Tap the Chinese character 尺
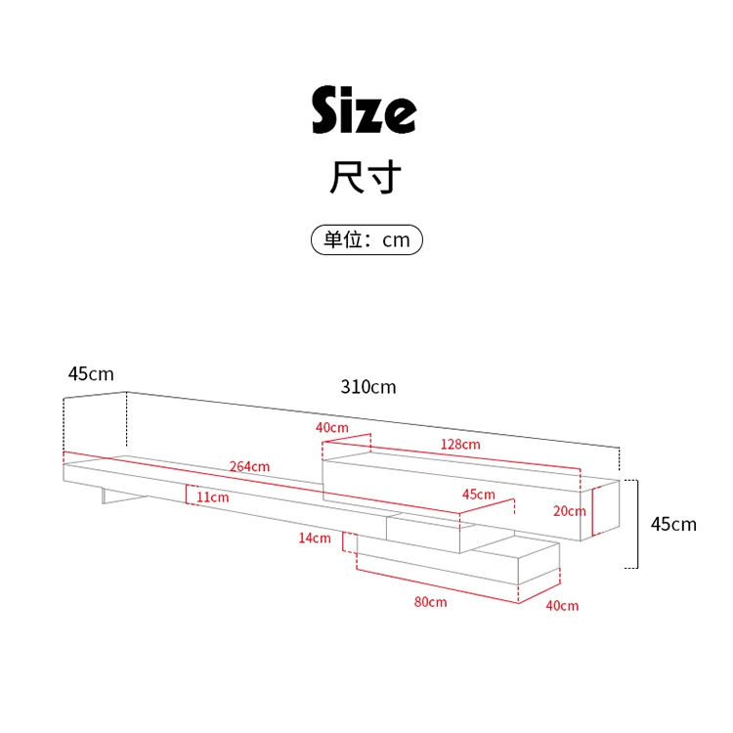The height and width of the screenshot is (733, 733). pos(346,178)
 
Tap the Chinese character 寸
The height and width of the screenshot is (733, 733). pos(384,178)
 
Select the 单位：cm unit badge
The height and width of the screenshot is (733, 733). pos(366,239)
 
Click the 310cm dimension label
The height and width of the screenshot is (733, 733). pos(368,387)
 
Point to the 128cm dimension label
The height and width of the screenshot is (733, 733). pos(460,445)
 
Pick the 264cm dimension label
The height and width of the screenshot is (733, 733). pos(250,466)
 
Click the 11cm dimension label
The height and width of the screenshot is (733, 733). pos(213,497)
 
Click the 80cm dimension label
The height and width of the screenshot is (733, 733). pos(430,602)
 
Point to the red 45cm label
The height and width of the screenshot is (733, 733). pos(478,495)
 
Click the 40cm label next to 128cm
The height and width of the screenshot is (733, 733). pos(331,428)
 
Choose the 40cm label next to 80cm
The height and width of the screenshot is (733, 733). pos(562,606)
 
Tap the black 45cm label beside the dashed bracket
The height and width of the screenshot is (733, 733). pos(673,525)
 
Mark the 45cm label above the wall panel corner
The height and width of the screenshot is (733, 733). pos(91,374)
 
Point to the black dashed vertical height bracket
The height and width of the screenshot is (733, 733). pos(637,524)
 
